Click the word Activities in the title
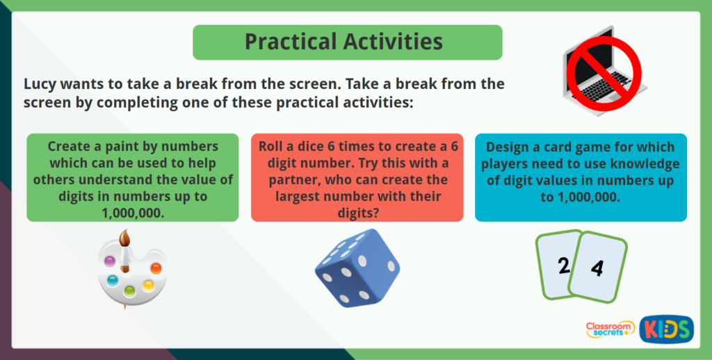click(397, 42)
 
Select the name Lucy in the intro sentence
click(42, 85)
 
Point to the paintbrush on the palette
click(125, 250)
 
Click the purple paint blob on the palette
click(109, 261)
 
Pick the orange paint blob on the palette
click(155, 268)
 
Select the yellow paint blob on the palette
click(148, 285)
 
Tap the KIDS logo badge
click(666, 328)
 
